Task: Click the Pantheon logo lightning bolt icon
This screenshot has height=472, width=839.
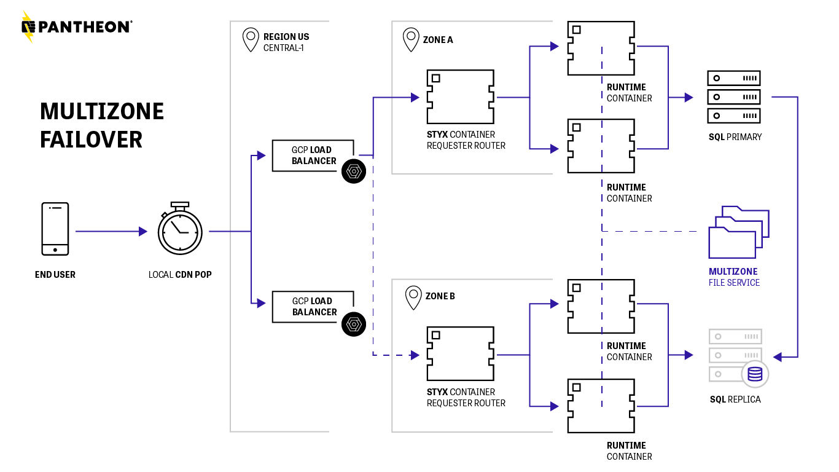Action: click(x=28, y=26)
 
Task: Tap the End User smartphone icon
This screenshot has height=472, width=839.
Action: click(x=55, y=229)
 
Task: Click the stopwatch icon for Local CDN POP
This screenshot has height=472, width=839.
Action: click(x=180, y=230)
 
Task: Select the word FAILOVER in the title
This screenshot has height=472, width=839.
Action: click(x=91, y=140)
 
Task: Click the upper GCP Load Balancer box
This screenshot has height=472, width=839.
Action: click(x=313, y=155)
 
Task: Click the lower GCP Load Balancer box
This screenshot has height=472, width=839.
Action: click(x=313, y=307)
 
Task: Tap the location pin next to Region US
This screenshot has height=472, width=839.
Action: click(x=251, y=39)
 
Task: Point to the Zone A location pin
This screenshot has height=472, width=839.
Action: click(x=411, y=39)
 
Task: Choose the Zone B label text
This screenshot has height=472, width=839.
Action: click(x=440, y=296)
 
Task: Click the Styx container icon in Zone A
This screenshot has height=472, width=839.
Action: click(x=461, y=97)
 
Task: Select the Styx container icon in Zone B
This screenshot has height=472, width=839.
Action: click(x=461, y=354)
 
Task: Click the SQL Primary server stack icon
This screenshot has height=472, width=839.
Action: click(x=734, y=97)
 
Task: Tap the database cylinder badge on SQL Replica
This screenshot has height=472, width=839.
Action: click(x=755, y=374)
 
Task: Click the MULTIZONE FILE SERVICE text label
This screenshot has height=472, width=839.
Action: click(x=734, y=277)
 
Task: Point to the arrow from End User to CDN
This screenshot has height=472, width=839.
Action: click(x=111, y=232)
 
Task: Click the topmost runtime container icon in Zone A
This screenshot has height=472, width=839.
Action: click(x=601, y=49)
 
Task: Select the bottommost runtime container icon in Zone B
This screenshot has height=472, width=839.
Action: click(x=601, y=406)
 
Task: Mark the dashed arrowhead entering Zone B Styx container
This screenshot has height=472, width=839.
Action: click(x=415, y=355)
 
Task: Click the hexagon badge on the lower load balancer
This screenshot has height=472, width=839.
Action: click(x=354, y=324)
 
